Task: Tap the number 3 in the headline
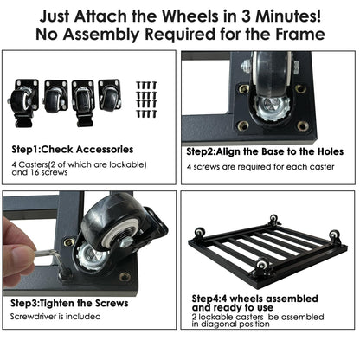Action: [x=246, y=16]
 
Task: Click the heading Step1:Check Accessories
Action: [x=73, y=150]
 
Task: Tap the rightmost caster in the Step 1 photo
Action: [x=110, y=95]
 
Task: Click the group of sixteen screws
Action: [x=147, y=100]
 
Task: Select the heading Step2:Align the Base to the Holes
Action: [x=265, y=151]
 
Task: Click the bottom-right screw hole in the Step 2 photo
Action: [x=302, y=125]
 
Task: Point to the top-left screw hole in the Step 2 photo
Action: [x=244, y=88]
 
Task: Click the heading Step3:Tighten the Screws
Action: [x=69, y=303]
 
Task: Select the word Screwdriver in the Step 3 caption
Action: [x=33, y=317]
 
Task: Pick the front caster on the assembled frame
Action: [x=262, y=267]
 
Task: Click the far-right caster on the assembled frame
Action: [x=335, y=237]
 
